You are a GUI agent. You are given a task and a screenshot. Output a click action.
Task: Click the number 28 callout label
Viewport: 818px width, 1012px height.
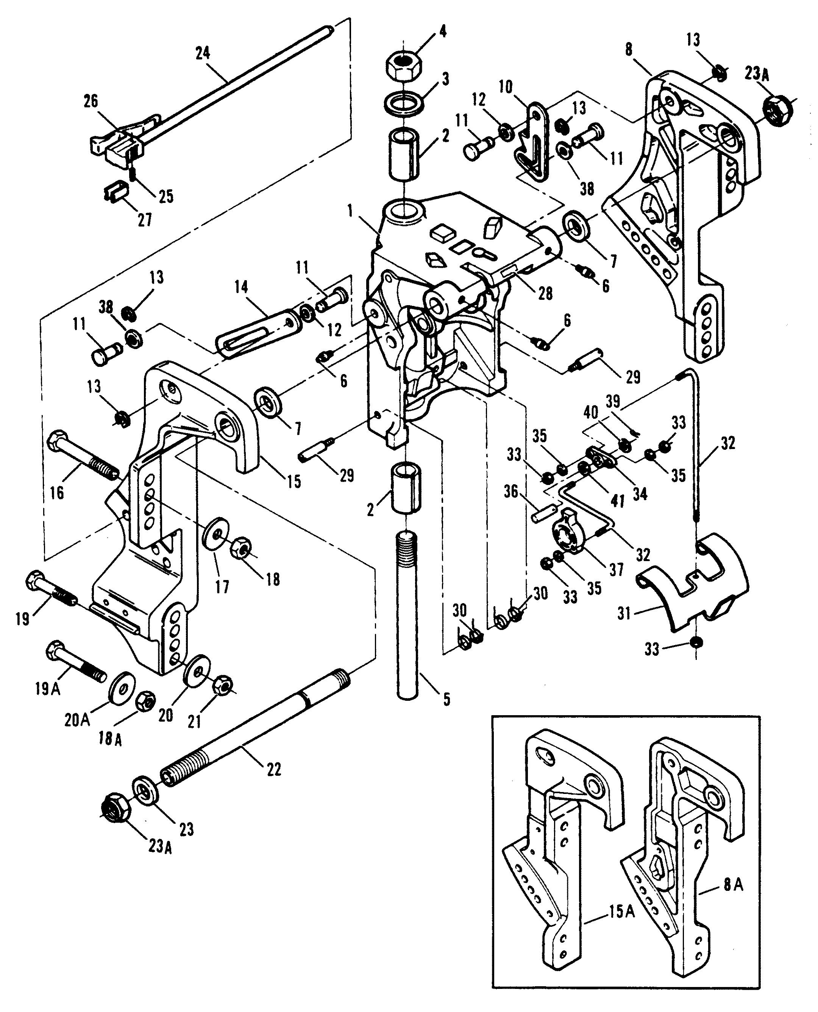click(546, 293)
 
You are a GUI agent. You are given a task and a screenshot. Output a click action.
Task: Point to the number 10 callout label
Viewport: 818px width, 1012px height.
click(506, 87)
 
